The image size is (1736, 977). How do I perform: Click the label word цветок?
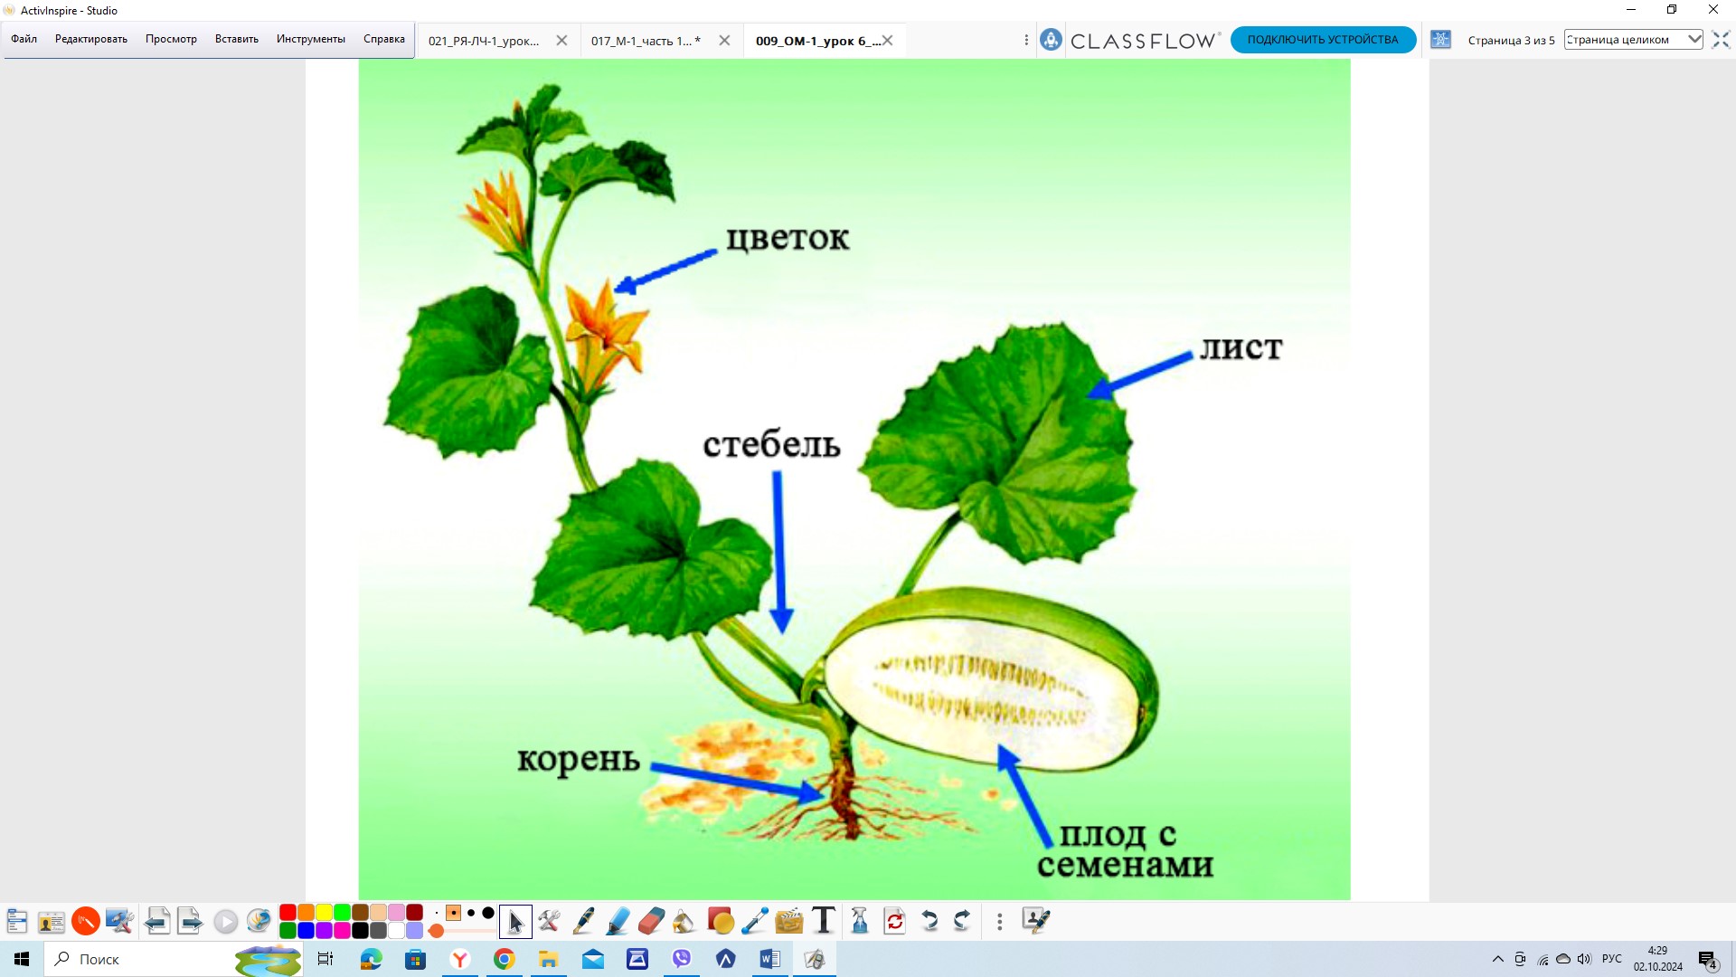point(788,238)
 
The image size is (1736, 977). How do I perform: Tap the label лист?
point(1241,348)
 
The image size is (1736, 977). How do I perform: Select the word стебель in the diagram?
point(772,443)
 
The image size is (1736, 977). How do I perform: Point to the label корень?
point(579,760)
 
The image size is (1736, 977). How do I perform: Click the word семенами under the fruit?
point(1125,865)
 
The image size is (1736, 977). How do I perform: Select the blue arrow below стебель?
point(779,552)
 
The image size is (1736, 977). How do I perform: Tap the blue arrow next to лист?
point(1139,375)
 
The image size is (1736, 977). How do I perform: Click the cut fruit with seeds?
point(991,680)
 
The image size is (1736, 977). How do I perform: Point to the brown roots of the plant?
point(845,796)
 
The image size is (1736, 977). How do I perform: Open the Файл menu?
point(24,39)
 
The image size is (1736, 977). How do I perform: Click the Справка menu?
point(384,39)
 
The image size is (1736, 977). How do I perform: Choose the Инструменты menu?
point(311,39)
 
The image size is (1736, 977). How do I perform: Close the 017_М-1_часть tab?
point(724,41)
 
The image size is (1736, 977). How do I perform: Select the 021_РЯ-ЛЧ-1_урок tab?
point(484,41)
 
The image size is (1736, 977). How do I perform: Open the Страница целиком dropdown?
point(1633,40)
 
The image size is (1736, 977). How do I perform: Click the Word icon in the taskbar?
point(770,959)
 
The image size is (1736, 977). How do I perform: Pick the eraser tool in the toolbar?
point(651,921)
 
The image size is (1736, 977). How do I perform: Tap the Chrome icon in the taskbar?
point(505,959)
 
